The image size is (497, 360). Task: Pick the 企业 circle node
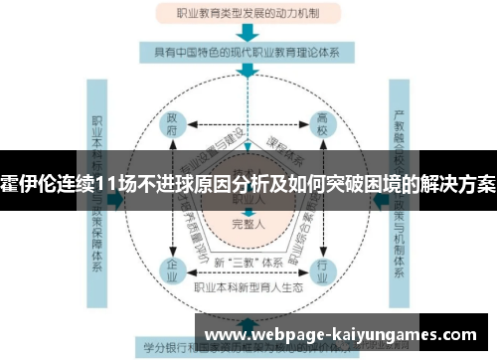point(172,269)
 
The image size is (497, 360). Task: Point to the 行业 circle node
point(322,269)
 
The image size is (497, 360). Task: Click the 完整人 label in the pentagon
point(247,223)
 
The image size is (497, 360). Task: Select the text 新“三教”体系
point(247,263)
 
